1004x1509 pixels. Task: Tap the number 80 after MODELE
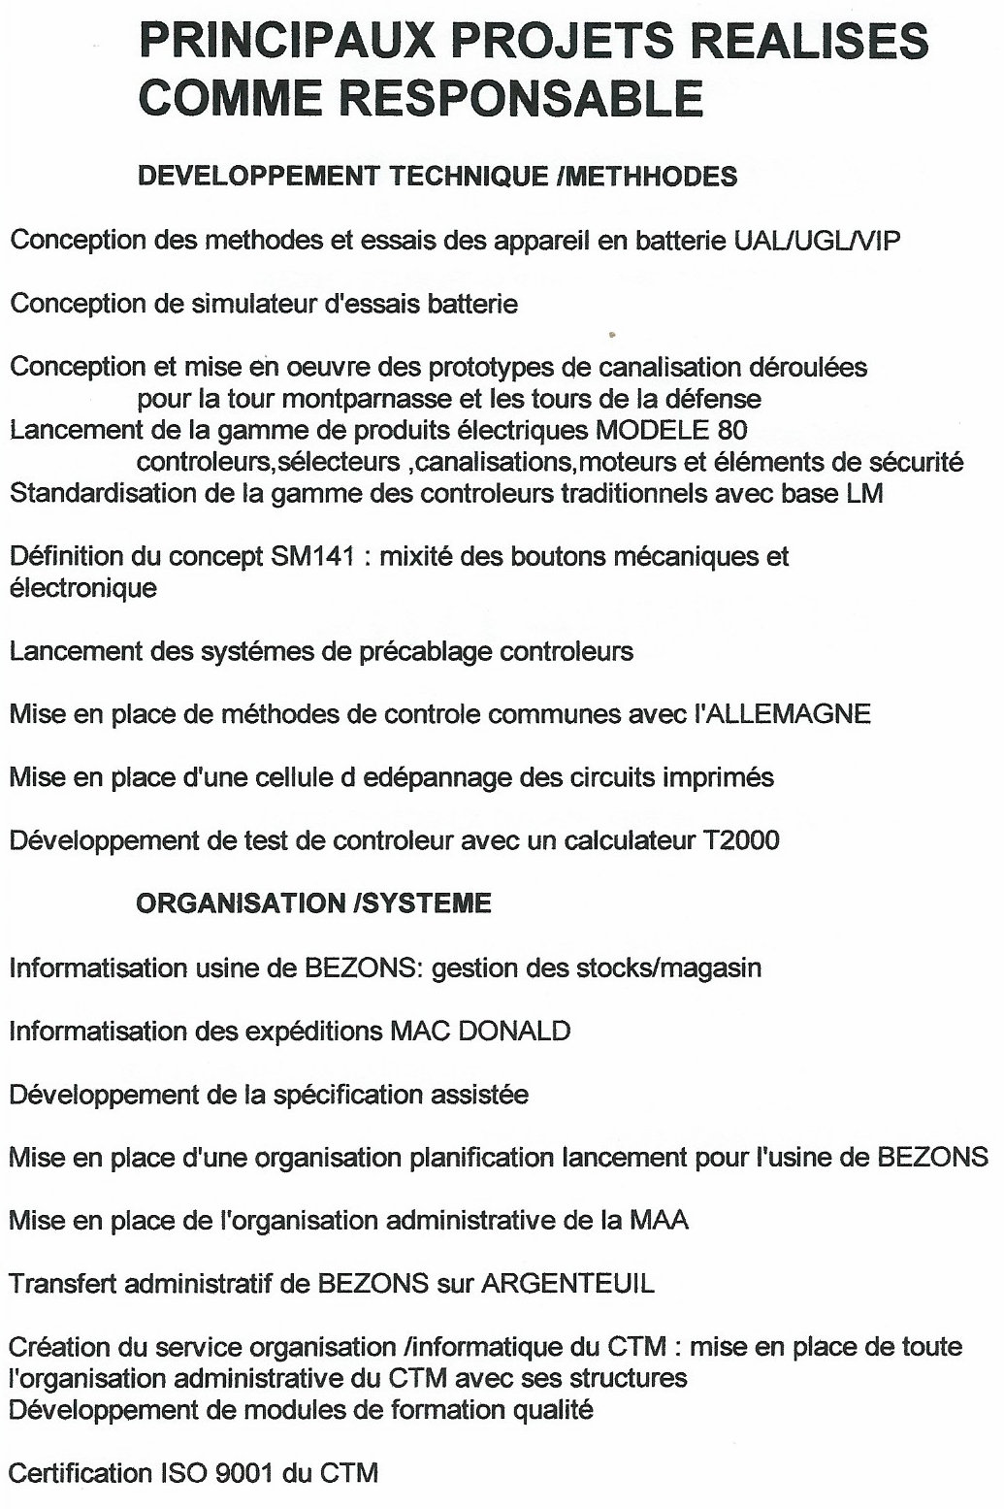point(733,429)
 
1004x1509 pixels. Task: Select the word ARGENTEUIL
point(567,1284)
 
